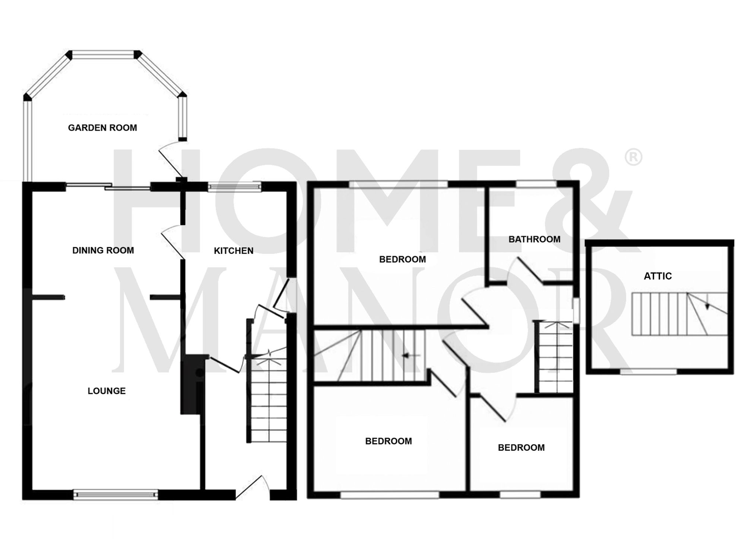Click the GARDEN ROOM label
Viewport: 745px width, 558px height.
[x=102, y=128]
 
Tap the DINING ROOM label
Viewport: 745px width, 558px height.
[x=103, y=250]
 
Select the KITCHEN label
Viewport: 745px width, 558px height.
[x=234, y=251]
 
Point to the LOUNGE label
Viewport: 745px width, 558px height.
[x=107, y=391]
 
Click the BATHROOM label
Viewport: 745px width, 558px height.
[x=534, y=239]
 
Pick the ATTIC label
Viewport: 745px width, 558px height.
[x=658, y=276]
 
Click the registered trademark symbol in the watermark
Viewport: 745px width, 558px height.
[x=633, y=157]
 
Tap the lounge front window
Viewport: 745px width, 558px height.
[x=115, y=494]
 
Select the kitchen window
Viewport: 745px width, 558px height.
[x=234, y=186]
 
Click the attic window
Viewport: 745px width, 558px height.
[x=648, y=371]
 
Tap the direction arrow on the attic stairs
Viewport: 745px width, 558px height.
[x=707, y=306]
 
